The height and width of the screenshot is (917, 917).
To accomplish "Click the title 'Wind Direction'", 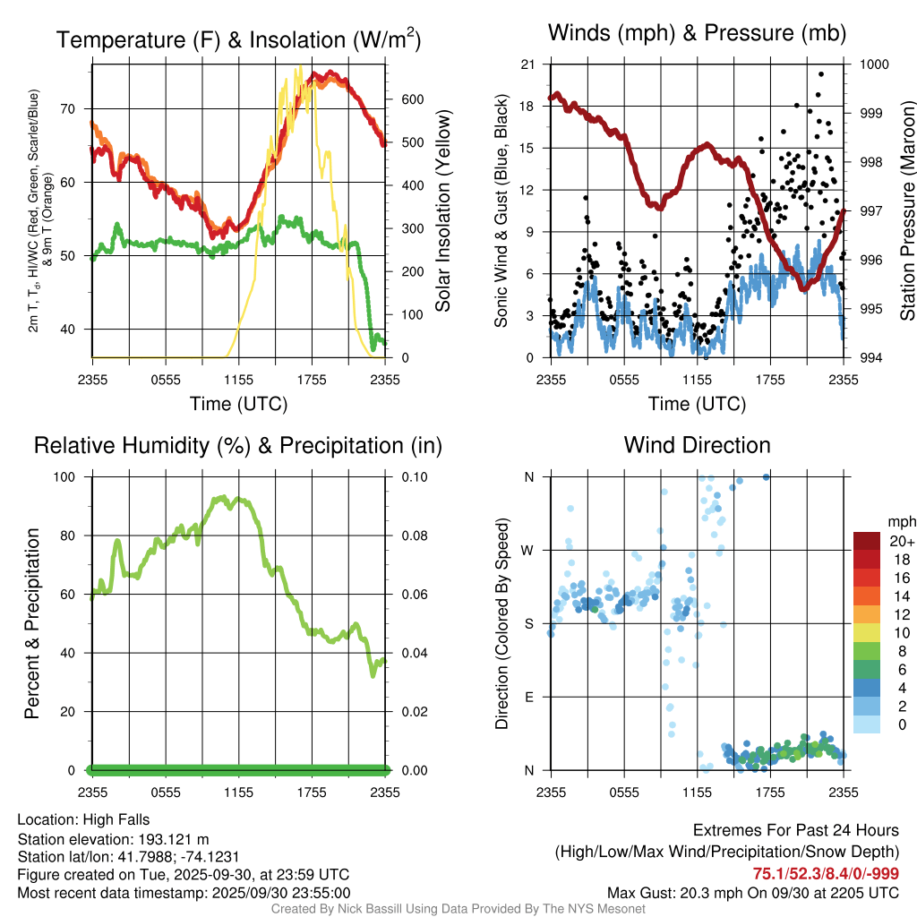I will [x=697, y=445].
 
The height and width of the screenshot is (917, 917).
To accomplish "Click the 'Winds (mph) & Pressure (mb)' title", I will [x=697, y=33].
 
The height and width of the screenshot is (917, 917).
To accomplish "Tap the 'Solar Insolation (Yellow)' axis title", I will [x=443, y=211].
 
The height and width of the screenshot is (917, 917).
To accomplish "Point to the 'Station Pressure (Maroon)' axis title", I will [x=906, y=211].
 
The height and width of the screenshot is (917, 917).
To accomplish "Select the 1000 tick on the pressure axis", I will [x=873, y=64].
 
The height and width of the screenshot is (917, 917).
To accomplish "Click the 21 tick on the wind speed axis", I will [x=527, y=64].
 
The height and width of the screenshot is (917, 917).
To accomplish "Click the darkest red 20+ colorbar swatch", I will [x=868, y=541].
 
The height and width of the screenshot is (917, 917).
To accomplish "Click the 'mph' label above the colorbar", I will [x=899, y=521].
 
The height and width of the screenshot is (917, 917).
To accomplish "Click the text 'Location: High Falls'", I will [x=83, y=819].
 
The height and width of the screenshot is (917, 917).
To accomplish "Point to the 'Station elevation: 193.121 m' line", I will [x=113, y=839].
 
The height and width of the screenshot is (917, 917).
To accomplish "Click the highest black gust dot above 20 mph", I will [x=821, y=74].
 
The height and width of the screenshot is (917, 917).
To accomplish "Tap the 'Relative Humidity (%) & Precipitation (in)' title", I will [x=237, y=445].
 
